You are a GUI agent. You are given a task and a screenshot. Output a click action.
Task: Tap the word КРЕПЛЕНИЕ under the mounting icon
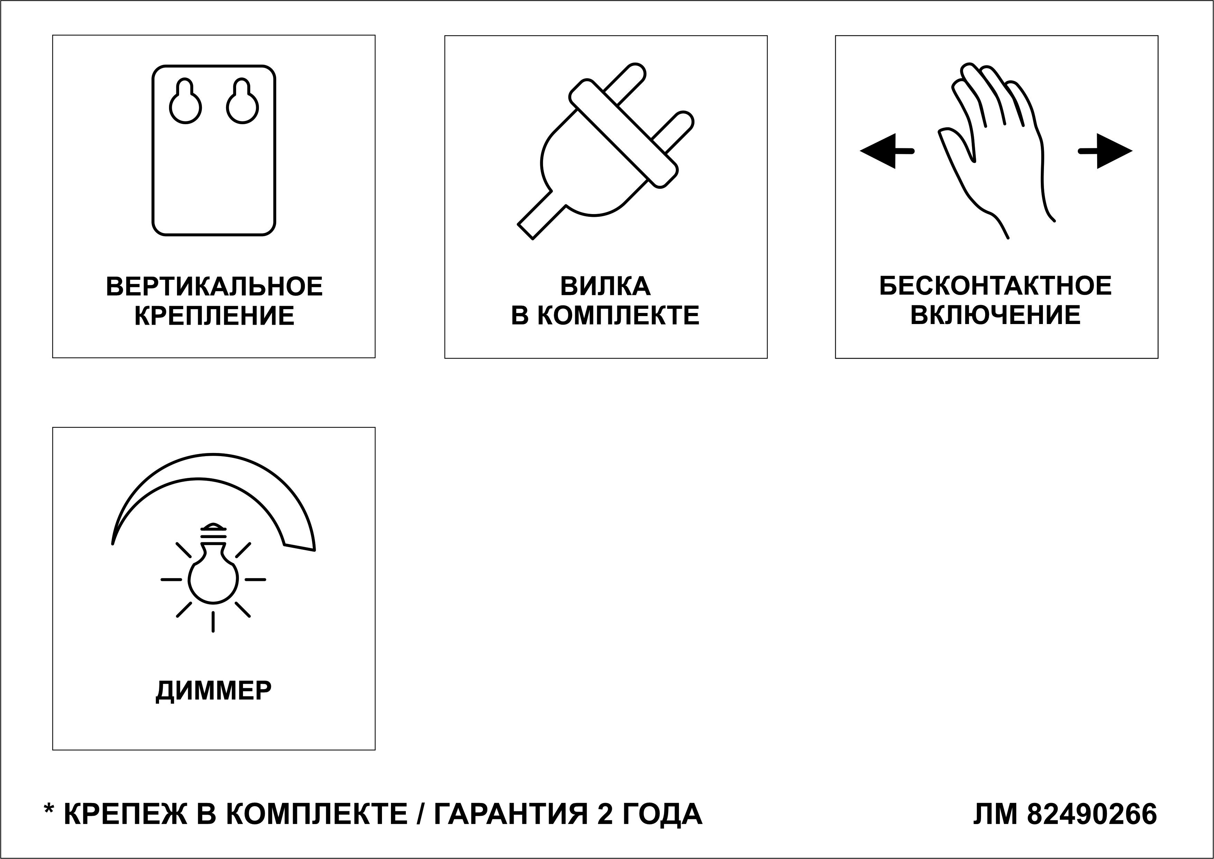coord(214,316)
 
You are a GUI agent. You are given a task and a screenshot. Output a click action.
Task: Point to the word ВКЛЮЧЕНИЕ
coord(996,315)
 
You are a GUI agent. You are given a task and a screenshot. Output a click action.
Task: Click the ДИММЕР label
coord(214,691)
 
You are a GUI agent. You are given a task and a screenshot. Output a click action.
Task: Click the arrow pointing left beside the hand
coord(887,151)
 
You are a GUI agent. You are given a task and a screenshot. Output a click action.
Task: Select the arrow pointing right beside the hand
coord(1105,151)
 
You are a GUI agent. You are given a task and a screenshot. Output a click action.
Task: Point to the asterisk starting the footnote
coord(49,809)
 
